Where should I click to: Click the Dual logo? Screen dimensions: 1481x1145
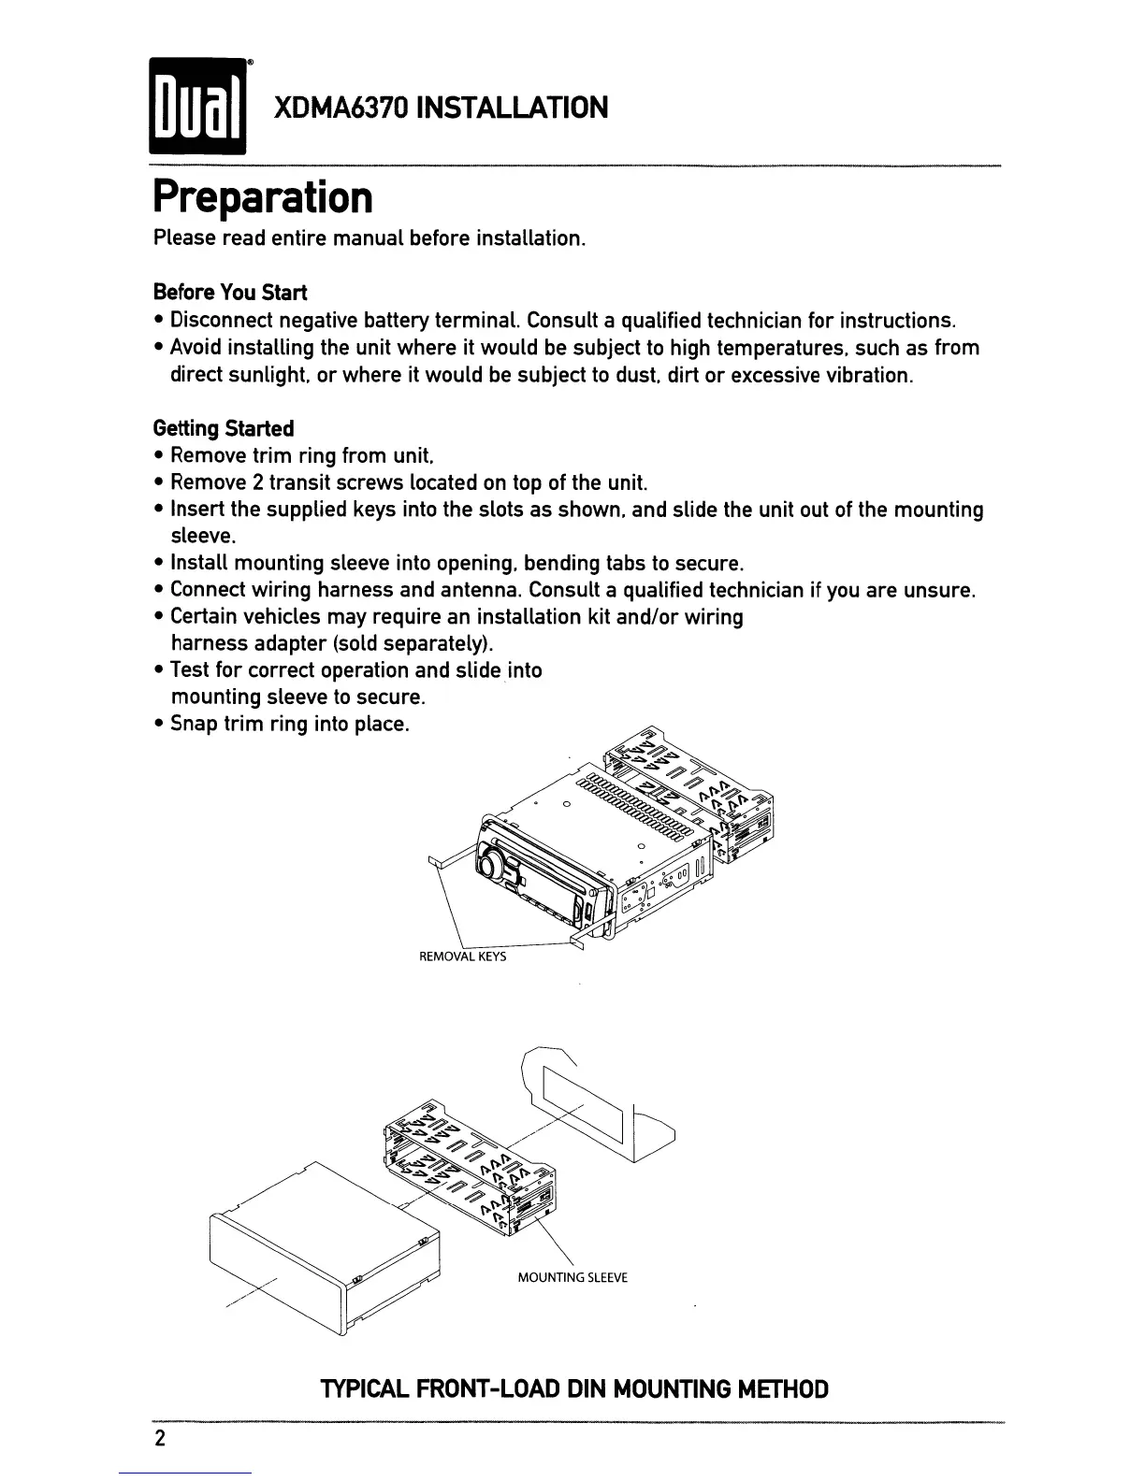pos(196,108)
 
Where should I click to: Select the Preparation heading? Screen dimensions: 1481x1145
pos(263,196)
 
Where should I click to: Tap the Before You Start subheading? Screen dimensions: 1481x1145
pos(230,293)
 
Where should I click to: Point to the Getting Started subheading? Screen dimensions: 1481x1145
pos(224,428)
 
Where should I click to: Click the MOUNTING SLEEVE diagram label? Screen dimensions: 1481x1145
pos(572,1278)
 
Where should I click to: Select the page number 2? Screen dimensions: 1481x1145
pos(160,1439)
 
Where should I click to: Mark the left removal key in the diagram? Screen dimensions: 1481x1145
pos(438,861)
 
